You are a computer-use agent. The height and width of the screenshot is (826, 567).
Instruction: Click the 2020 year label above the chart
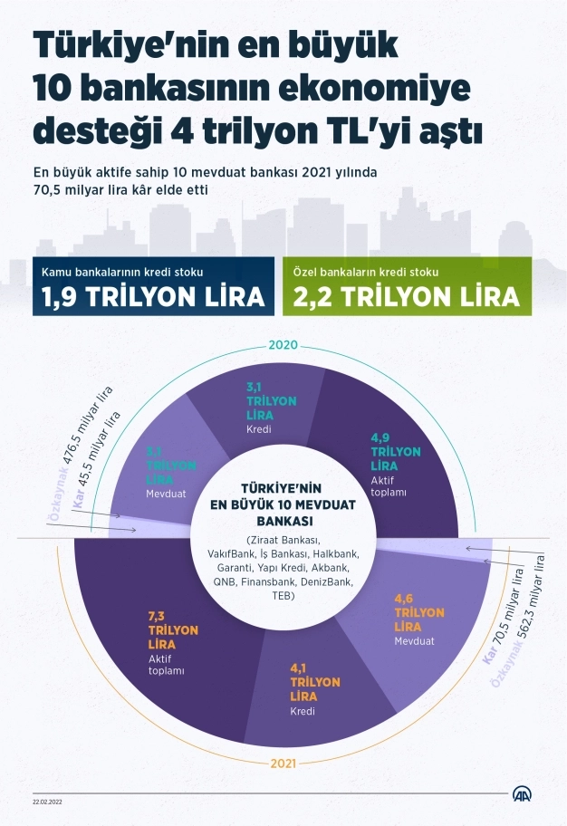(x=283, y=345)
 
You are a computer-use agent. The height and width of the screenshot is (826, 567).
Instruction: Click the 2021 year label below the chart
(x=283, y=764)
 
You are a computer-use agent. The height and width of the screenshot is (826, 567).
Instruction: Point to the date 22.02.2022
(x=47, y=802)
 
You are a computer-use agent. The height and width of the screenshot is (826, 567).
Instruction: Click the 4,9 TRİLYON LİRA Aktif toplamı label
(x=396, y=465)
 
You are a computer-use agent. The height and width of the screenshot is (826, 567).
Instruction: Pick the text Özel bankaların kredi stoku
(x=366, y=271)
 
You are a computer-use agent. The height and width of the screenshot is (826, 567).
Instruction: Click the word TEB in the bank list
(x=283, y=597)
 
